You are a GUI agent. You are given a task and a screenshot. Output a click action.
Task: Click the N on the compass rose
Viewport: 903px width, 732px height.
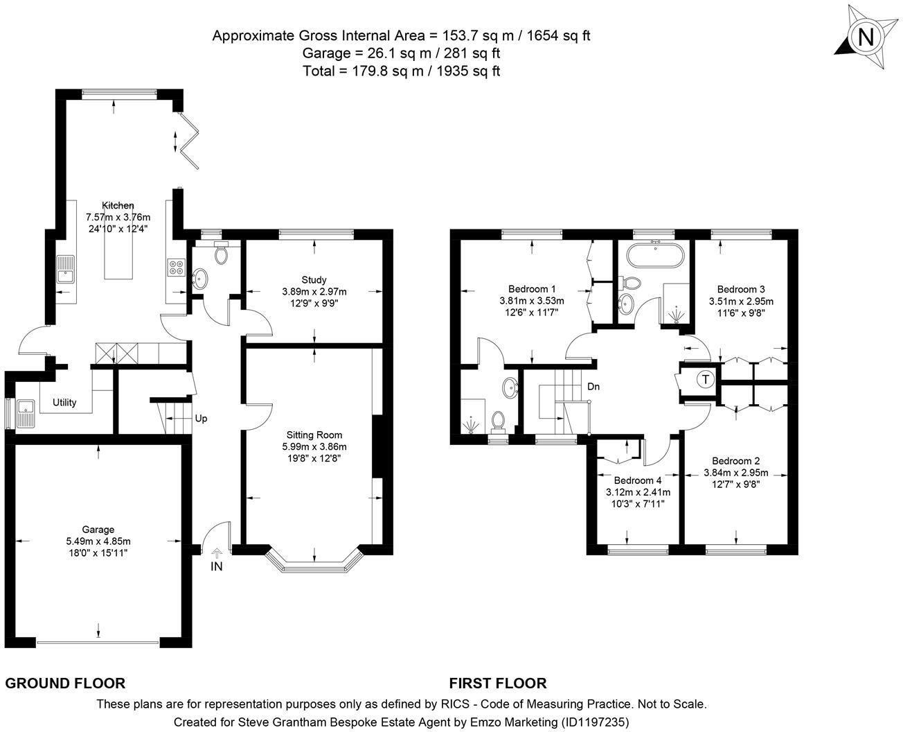pos(866,37)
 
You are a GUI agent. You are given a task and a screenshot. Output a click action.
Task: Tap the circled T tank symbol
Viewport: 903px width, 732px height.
pos(706,379)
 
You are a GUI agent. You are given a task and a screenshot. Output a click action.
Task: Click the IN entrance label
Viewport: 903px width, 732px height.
pos(217,566)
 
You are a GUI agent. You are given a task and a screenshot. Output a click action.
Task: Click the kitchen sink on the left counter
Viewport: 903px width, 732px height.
pos(66,269)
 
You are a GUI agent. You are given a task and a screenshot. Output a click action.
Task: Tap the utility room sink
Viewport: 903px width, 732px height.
pos(26,413)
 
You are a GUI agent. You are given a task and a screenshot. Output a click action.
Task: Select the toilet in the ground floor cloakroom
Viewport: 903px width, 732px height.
pos(222,252)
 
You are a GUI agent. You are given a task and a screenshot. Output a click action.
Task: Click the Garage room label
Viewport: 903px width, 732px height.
pos(98,529)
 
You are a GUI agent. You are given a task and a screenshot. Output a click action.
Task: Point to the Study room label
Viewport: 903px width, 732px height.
pos(314,279)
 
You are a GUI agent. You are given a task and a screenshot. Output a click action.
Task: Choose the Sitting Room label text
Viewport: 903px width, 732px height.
pos(314,435)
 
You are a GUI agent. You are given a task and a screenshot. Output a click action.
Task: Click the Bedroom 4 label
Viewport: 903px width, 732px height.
pos(638,480)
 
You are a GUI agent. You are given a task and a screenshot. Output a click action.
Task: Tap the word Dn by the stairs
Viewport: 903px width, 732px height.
pos(593,386)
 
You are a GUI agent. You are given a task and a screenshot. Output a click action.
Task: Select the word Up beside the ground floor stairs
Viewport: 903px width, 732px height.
pos(201,419)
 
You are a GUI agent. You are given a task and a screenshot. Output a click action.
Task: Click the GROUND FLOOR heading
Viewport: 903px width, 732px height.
pos(65,683)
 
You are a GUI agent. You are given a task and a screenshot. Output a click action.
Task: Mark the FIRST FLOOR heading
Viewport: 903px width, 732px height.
pos(498,683)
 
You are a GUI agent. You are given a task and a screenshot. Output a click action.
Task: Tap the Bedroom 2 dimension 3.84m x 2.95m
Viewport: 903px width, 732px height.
pos(736,472)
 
